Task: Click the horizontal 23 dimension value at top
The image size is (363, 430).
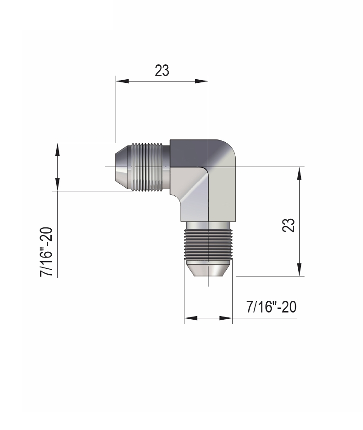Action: point(162,71)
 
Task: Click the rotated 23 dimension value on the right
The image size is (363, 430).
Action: point(288,226)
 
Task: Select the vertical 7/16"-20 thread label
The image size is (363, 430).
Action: point(46,252)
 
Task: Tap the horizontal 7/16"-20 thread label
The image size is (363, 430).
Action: point(271,307)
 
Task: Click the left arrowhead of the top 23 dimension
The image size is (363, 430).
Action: point(122,81)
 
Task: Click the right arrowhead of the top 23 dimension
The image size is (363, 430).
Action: point(202,81)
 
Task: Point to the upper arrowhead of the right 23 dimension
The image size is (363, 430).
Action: point(300,174)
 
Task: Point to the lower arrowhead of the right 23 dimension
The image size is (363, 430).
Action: point(300,269)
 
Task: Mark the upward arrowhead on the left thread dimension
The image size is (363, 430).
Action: point(57,150)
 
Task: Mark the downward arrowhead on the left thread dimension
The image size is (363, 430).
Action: point(57,184)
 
